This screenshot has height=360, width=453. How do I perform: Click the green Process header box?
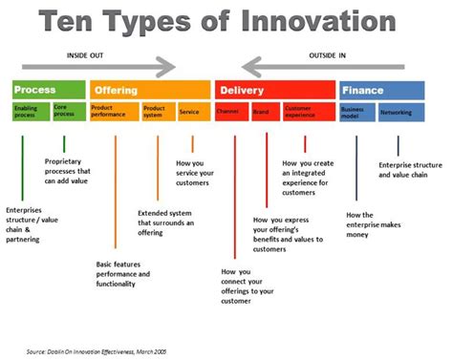48,90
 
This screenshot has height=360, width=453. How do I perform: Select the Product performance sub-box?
114,112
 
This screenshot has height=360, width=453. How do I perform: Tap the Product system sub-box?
158,112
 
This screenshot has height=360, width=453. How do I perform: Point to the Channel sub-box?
230,112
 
